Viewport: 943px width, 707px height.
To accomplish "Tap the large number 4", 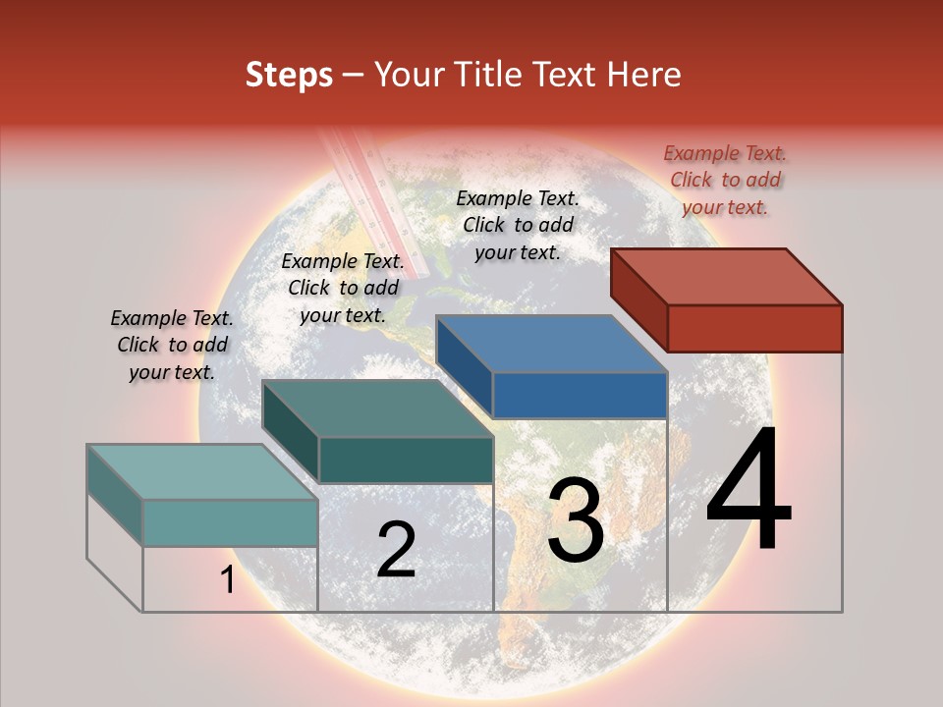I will tap(749, 490).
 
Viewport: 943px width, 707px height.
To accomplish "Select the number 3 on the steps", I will tap(576, 521).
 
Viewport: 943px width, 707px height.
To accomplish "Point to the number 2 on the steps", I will tap(396, 550).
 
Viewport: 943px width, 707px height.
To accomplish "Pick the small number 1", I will tap(227, 580).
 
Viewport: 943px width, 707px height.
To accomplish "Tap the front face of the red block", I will tap(754, 328).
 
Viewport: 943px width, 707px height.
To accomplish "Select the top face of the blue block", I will tap(551, 344).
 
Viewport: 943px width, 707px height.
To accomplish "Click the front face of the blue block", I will tap(580, 395).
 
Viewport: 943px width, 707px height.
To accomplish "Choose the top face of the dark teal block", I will tap(377, 408).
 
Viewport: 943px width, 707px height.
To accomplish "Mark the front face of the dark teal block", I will tap(406, 460).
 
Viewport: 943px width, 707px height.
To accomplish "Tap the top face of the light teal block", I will tap(202, 472).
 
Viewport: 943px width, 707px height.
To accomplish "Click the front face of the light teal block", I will tap(230, 522).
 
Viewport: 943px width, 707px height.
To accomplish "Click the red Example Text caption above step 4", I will tap(725, 180).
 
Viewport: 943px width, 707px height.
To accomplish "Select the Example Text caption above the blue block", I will tap(518, 225).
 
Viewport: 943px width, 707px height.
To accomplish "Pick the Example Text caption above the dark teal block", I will tap(343, 288).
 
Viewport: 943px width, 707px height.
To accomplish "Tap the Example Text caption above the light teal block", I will tap(172, 345).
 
